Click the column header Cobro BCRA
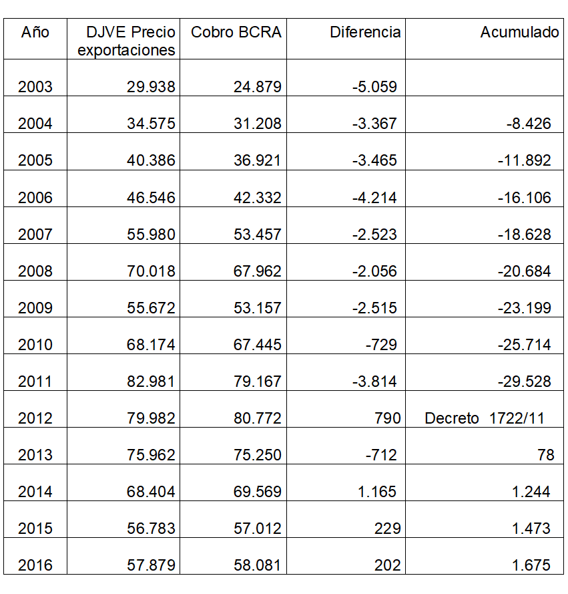click(x=236, y=32)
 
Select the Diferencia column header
click(x=365, y=32)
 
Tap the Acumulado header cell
click(x=519, y=32)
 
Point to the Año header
click(x=35, y=32)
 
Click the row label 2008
click(x=35, y=271)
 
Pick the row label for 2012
click(x=35, y=418)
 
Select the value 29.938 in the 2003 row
click(x=151, y=87)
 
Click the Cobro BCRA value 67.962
click(x=257, y=271)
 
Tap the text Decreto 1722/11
click(x=485, y=418)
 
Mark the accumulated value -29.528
click(x=524, y=382)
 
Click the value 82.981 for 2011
click(x=151, y=382)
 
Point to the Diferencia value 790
click(x=388, y=418)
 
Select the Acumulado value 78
click(x=545, y=455)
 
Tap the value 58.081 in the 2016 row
click(x=257, y=565)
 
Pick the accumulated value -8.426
click(x=528, y=124)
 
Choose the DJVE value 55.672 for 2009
click(x=151, y=308)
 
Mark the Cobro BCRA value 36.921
click(x=257, y=160)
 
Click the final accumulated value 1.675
click(x=531, y=565)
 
